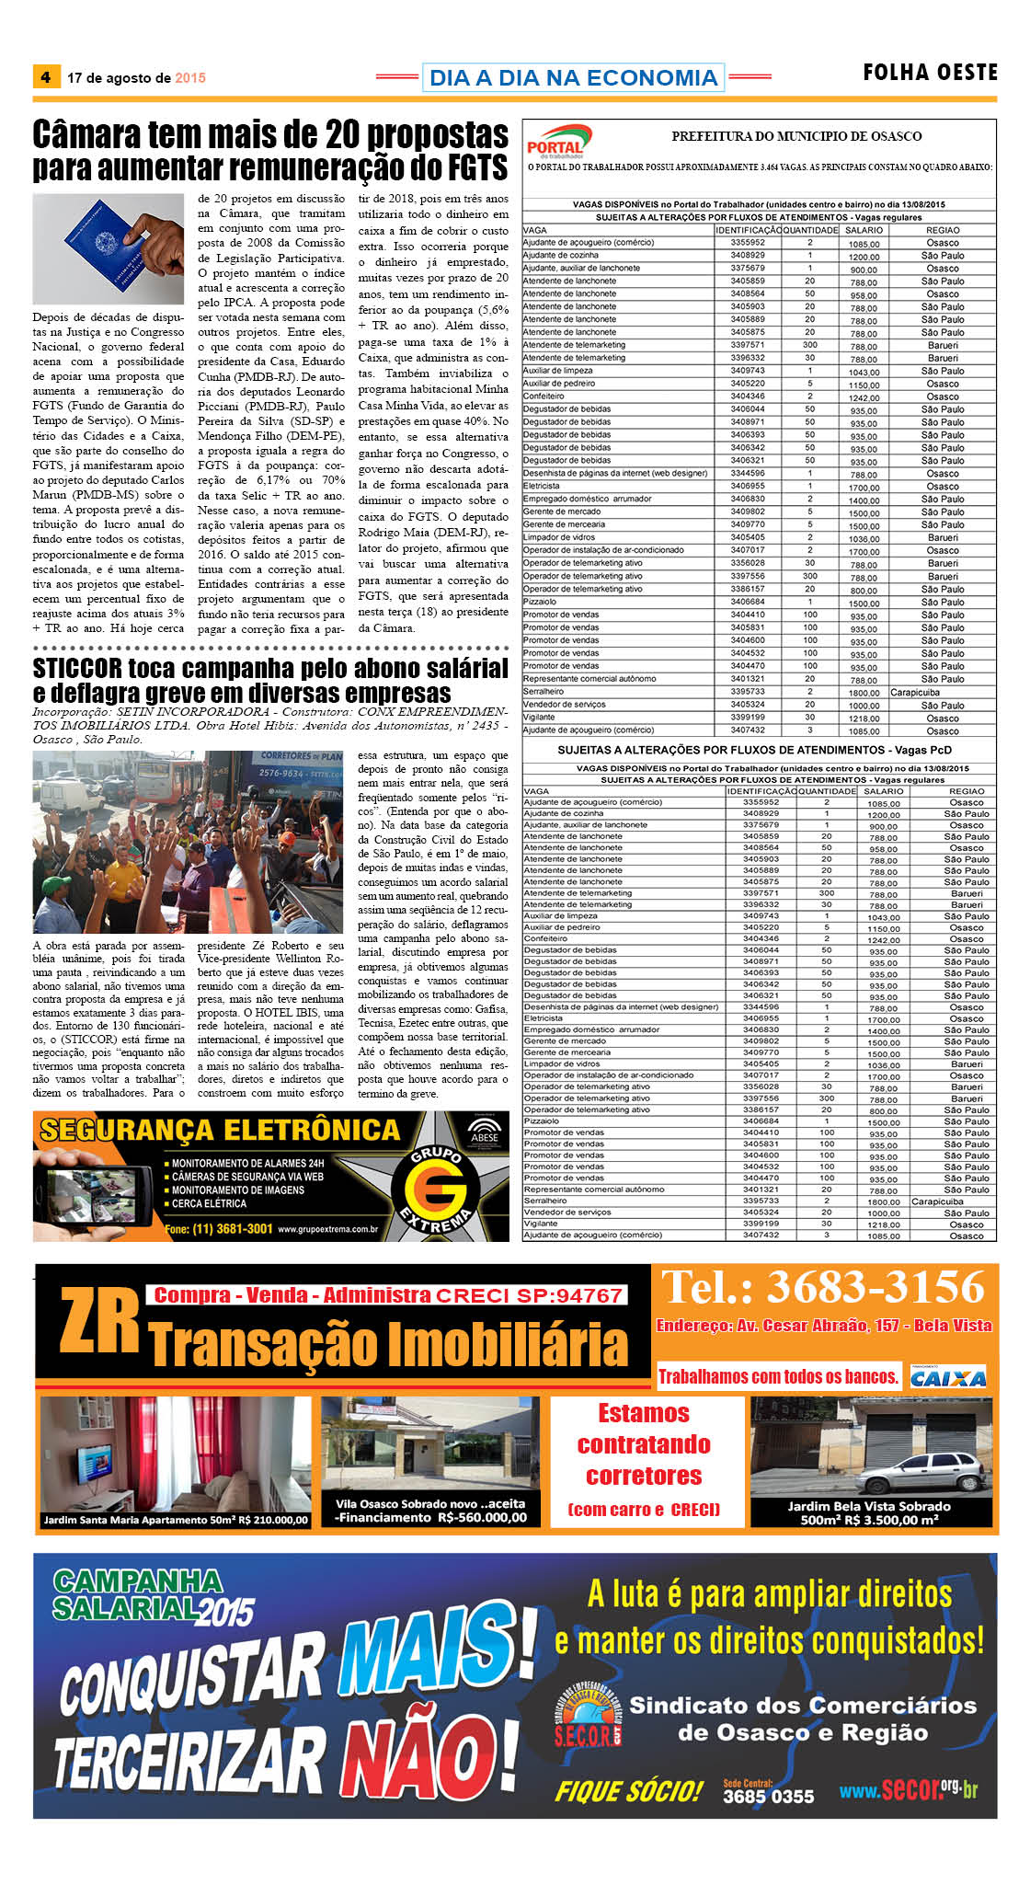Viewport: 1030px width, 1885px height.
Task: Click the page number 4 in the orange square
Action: [x=45, y=77]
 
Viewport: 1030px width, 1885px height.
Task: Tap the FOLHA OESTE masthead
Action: [x=930, y=73]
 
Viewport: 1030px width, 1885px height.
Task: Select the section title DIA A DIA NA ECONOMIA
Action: [x=573, y=78]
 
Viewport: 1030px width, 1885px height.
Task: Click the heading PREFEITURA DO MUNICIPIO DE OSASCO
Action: [x=795, y=136]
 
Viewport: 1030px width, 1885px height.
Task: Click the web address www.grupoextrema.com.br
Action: [x=327, y=1229]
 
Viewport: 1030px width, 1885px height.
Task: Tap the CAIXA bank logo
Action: [x=948, y=1377]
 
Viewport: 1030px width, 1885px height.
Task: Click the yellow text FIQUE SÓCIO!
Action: [x=628, y=1791]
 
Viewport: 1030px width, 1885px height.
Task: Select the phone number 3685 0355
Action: [x=768, y=1797]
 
